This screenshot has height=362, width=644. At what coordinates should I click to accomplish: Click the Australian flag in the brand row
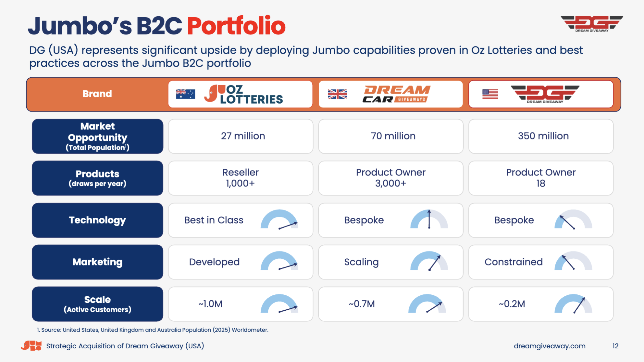point(185,94)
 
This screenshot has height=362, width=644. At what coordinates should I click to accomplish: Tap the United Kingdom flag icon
point(337,94)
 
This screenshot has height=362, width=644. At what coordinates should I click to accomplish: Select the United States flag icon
point(490,94)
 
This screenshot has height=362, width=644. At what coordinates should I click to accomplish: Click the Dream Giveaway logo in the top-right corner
point(592,24)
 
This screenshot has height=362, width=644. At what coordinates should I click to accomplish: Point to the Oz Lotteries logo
point(244,94)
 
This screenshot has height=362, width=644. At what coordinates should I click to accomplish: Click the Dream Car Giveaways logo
point(396,94)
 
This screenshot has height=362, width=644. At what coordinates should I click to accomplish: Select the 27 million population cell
point(241,136)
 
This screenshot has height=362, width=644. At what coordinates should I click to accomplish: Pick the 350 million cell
point(541,136)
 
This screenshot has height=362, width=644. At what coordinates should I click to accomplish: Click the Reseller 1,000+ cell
point(241,178)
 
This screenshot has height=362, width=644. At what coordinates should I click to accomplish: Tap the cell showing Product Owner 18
point(541,178)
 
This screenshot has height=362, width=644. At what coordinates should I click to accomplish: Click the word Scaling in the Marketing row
point(361,262)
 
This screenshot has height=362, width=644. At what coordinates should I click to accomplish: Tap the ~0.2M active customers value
point(512,304)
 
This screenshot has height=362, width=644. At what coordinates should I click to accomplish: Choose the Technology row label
point(97,220)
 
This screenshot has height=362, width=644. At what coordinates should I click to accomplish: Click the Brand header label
point(97,94)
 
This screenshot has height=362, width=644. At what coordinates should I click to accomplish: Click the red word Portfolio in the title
point(236,26)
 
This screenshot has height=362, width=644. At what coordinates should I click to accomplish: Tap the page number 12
point(615,346)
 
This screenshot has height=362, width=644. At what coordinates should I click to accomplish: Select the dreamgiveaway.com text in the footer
point(550,346)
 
